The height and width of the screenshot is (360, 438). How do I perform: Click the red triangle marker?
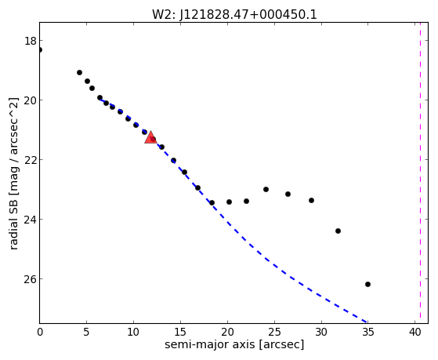tap(150, 137)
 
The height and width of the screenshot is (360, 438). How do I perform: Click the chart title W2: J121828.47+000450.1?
tap(234, 14)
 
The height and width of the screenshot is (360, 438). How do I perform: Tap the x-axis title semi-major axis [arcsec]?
tap(234, 344)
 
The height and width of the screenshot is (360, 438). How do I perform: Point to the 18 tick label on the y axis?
tap(31, 41)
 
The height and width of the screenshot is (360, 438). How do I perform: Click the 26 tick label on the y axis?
tap(31, 279)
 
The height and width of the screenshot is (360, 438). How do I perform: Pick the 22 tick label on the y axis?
tap(31, 160)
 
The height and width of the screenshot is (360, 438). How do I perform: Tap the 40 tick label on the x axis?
tap(415, 332)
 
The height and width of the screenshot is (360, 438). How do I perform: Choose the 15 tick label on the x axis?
tap(180, 332)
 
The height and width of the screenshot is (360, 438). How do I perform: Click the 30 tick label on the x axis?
tap(321, 332)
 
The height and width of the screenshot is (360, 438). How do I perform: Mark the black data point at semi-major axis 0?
tap(40, 49)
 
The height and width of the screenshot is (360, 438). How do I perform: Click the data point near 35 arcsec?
tap(367, 284)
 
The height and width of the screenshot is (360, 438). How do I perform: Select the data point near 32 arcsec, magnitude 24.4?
tap(338, 231)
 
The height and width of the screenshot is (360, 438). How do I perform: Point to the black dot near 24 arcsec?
tap(266, 189)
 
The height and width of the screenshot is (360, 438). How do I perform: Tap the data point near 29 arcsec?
tap(312, 200)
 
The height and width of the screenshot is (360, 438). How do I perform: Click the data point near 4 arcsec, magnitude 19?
tap(79, 72)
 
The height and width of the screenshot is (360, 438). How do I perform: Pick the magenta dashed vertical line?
tap(421, 173)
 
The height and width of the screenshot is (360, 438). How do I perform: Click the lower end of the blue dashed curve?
tap(367, 322)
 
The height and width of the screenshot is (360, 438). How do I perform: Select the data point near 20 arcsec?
tap(229, 202)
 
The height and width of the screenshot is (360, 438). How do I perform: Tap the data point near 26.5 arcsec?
tap(288, 194)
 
